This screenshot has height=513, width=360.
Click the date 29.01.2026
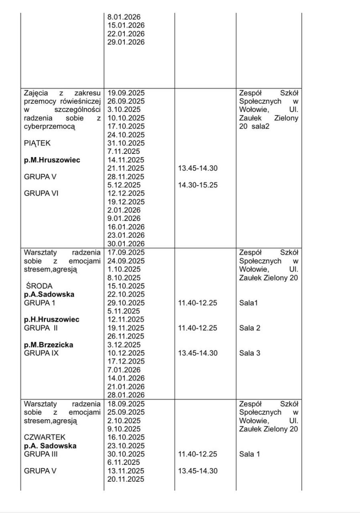[x=126, y=42]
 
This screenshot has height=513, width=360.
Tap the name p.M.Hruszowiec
[x=52, y=160]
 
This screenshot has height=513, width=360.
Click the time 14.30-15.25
[x=198, y=185]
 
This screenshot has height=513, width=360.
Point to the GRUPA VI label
[x=41, y=193]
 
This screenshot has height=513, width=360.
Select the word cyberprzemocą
[x=50, y=126]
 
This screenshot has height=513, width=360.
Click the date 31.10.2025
[x=126, y=143]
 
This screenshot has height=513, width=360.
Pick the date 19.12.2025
[x=126, y=202]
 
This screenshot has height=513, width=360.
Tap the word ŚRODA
[x=39, y=286]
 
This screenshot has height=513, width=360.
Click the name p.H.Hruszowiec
[x=52, y=319]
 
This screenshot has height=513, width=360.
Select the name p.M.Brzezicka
[x=49, y=345]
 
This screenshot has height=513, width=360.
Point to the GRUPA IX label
[x=41, y=353]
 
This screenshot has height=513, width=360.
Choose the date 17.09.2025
[x=126, y=252]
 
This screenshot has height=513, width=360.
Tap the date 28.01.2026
[x=126, y=395]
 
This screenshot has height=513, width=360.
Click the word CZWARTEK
[x=44, y=437]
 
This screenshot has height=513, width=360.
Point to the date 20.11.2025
[x=126, y=479]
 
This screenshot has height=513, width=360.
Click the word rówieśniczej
[x=75, y=101]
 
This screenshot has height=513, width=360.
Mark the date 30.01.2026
[x=126, y=243]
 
